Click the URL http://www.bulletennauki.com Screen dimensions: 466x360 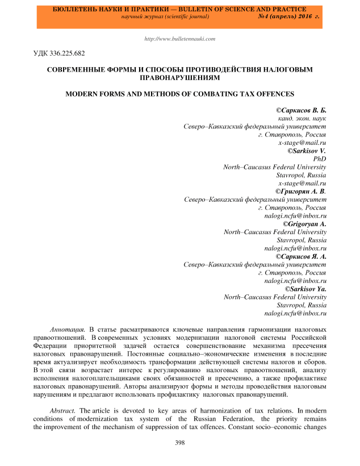click(180, 39)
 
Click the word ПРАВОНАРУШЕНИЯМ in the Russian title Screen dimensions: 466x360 click(179, 78)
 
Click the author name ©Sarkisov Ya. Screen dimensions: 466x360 click(303, 289)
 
